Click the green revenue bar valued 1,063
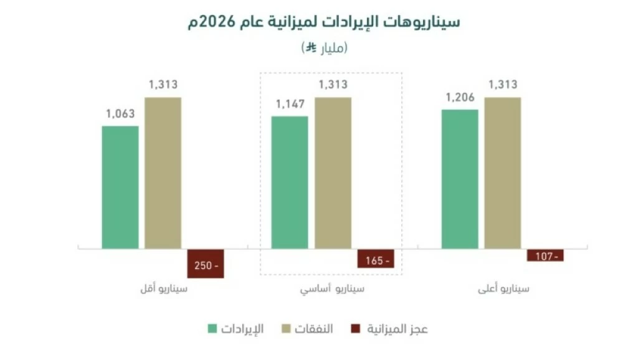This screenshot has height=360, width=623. click(x=120, y=187)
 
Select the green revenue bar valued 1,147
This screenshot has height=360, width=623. click(x=290, y=182)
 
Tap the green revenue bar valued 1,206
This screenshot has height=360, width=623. click(x=460, y=179)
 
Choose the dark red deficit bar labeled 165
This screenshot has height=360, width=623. click(x=376, y=258)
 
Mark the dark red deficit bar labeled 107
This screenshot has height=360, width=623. click(x=545, y=255)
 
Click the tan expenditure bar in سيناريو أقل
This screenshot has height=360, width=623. click(x=163, y=173)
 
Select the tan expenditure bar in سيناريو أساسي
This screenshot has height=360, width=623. click(x=333, y=173)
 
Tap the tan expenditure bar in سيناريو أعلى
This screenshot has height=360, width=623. click(x=503, y=173)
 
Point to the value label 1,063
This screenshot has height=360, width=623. click(x=120, y=114)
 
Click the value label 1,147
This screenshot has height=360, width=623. click(x=290, y=104)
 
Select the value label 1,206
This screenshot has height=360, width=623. click(x=460, y=97)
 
